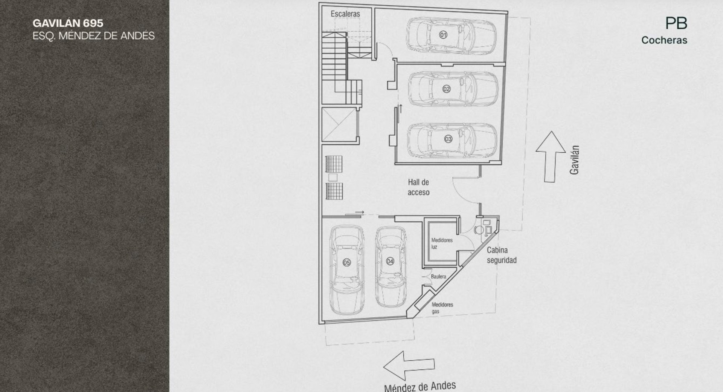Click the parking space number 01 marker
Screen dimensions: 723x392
443,35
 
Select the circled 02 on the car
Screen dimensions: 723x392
446,89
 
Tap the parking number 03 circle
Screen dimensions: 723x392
448,139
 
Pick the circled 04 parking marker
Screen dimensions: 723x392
390,261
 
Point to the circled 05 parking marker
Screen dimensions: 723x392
346,263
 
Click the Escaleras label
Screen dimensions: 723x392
345,14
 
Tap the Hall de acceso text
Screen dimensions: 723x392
418,187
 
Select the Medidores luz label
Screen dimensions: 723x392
442,243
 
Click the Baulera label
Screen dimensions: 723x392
438,277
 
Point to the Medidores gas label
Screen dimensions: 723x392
442,308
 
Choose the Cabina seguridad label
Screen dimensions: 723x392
502,255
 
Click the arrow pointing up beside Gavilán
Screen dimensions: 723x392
551,157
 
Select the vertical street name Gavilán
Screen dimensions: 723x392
574,160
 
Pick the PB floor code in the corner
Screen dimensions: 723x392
676,23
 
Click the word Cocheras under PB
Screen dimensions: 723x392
664,40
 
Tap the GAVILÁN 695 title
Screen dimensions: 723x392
68,23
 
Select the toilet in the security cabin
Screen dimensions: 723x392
479,230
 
